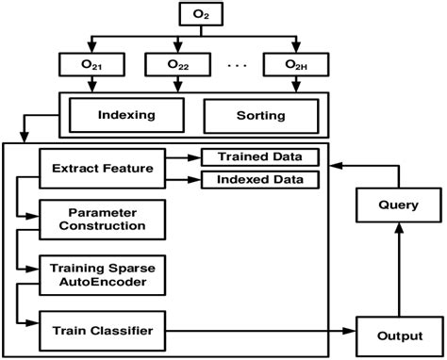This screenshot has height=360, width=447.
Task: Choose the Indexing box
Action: coord(125,116)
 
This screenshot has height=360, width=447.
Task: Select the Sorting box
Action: coord(259,116)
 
